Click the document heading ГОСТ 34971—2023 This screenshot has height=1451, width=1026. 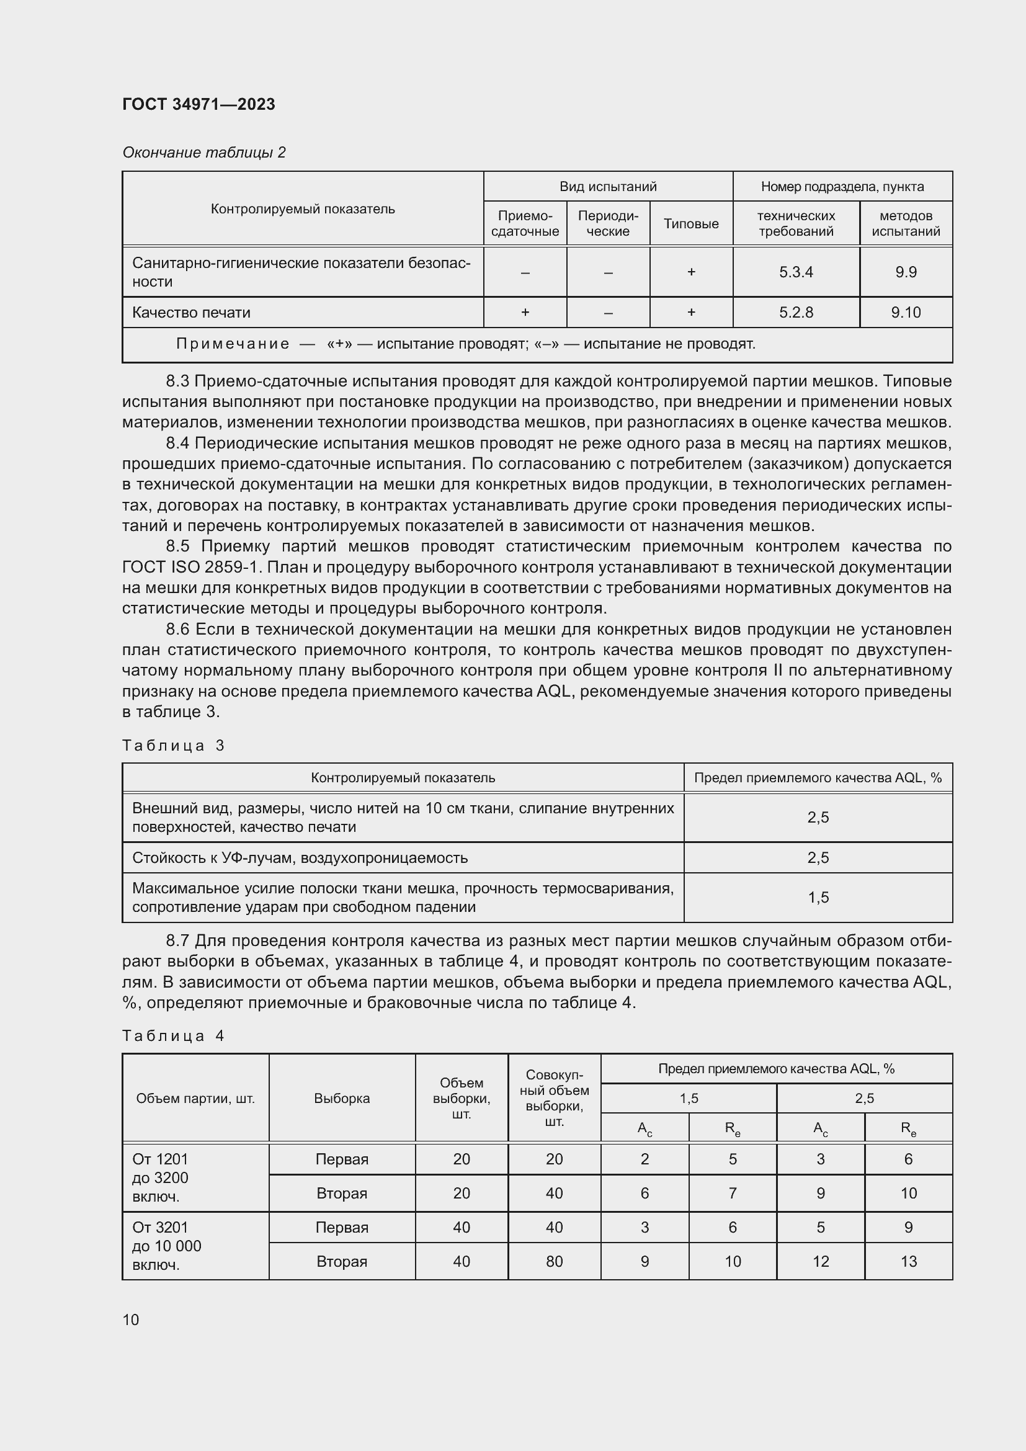point(199,104)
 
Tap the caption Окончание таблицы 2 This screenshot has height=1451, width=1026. point(203,153)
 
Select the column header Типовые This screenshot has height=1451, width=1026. point(690,224)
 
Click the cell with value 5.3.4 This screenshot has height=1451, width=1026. point(795,272)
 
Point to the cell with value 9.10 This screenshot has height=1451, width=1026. point(905,312)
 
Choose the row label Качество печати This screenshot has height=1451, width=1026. point(191,312)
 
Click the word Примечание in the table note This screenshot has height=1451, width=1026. point(232,344)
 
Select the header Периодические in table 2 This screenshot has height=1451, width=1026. point(608,224)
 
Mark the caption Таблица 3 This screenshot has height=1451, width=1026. point(173,746)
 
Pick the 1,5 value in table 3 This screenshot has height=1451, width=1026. point(818,898)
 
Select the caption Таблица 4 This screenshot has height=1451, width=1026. point(173,1036)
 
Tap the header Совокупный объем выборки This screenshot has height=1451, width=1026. point(554,1099)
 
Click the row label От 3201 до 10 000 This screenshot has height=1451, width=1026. point(167,1246)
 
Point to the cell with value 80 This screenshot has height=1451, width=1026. point(554,1261)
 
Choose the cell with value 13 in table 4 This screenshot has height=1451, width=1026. point(908,1261)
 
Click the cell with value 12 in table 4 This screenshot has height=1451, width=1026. point(820,1261)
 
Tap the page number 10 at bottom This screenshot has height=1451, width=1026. point(131,1319)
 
